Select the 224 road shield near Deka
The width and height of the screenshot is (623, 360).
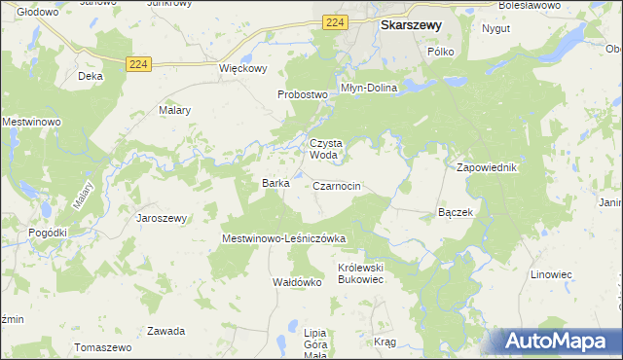point(138,64)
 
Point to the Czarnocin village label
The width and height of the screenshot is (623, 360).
point(338,185)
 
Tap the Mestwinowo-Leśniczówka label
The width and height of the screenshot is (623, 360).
point(284,238)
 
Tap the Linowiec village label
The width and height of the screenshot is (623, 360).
point(551,274)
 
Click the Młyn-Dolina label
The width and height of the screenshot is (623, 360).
point(369,88)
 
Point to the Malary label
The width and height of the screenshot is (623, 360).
point(174,110)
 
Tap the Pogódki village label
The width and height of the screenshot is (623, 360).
point(48,233)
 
